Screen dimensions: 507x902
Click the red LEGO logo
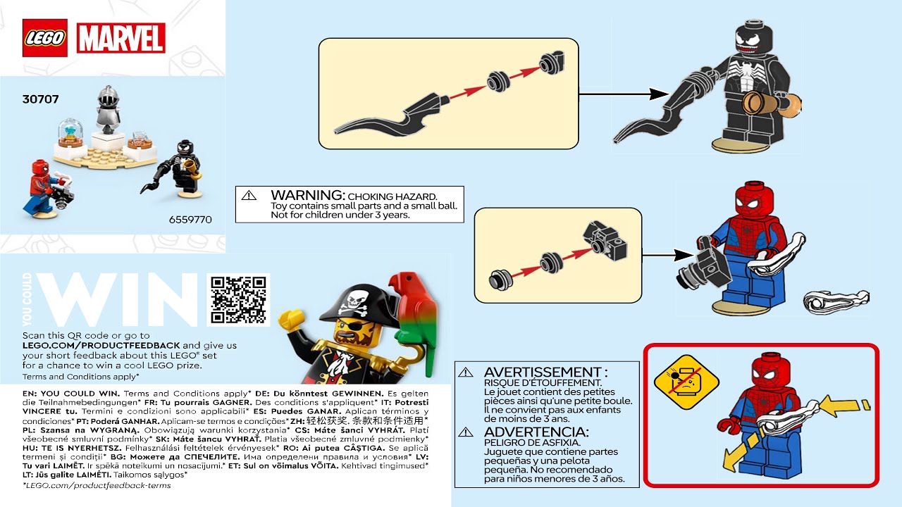(44, 38)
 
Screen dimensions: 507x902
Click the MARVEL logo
(121, 38)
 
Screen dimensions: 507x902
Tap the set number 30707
(40, 100)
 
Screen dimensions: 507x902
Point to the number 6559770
(190, 219)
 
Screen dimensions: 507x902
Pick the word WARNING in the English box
(307, 195)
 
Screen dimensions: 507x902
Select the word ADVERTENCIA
(536, 432)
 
